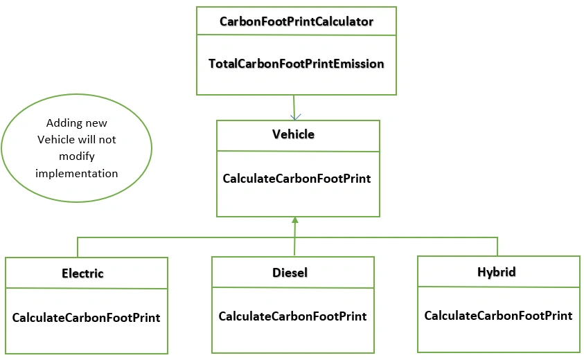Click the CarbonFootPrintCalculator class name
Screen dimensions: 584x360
[296, 21]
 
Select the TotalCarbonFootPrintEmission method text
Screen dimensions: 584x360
[296, 64]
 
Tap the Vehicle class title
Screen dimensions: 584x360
[293, 134]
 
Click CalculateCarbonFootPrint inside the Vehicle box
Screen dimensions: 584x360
[297, 179]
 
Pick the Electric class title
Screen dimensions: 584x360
[82, 273]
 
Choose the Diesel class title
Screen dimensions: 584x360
[290, 273]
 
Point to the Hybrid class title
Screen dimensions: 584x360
[497, 272]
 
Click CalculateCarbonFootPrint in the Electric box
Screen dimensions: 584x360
[86, 318]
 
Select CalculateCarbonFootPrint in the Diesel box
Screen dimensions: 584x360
[292, 316]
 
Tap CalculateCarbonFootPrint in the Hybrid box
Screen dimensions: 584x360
[498, 316]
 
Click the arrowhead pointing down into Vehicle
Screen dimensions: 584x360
[295, 117]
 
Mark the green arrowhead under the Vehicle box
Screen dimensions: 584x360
[295, 220]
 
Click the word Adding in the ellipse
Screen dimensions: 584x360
[62, 123]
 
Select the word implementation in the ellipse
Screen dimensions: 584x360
[76, 174]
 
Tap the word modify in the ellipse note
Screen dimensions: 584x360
[77, 156]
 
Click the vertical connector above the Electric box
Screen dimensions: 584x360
[78, 247]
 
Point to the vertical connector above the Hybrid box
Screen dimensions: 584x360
[497, 246]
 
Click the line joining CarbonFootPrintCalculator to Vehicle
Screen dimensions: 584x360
[294, 107]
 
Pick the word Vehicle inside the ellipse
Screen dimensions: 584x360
[56, 140]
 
